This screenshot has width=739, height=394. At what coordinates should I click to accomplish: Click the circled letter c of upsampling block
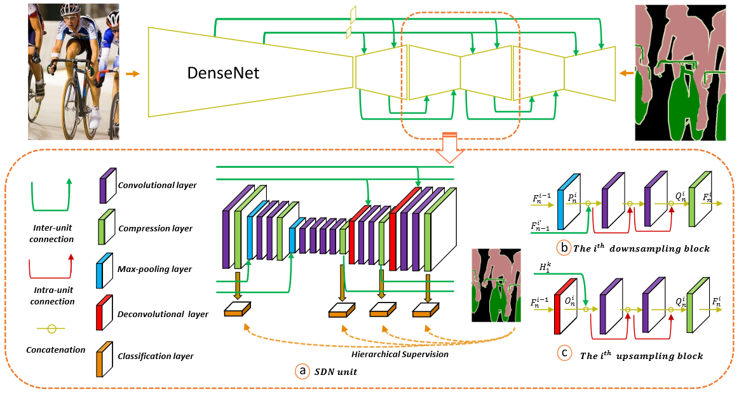[564, 355]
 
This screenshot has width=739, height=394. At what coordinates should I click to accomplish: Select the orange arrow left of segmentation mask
[626, 73]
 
